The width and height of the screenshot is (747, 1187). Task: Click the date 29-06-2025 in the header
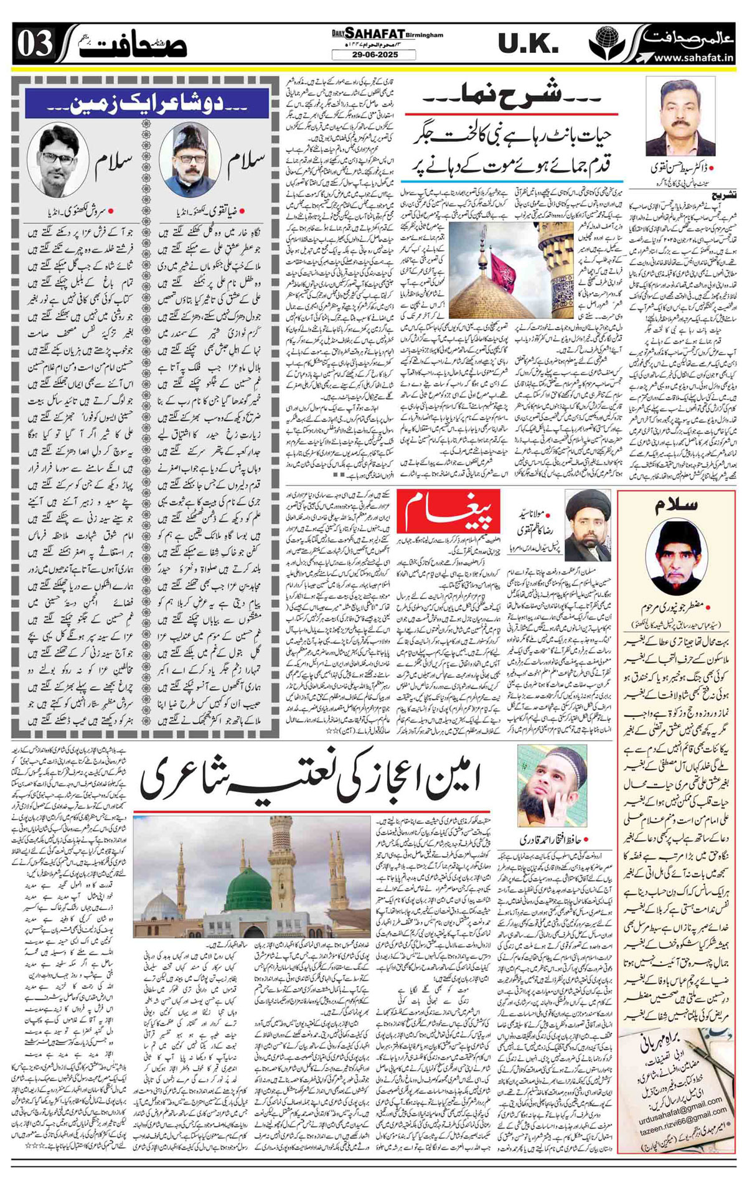tap(374, 55)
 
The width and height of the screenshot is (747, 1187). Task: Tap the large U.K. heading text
tap(528, 44)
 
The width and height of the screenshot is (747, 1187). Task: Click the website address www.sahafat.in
tap(693, 58)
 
